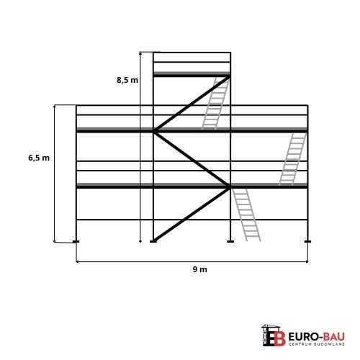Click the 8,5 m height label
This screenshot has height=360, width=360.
127,80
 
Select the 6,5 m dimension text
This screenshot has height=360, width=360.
39,158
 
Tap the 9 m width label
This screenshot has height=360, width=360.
199,269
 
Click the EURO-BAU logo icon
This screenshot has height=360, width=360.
274,335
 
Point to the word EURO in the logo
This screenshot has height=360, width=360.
301,336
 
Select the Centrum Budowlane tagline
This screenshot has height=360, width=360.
317,344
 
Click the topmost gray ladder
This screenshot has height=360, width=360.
216,103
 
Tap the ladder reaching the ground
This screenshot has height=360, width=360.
246,215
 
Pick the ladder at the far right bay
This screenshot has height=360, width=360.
293,159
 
